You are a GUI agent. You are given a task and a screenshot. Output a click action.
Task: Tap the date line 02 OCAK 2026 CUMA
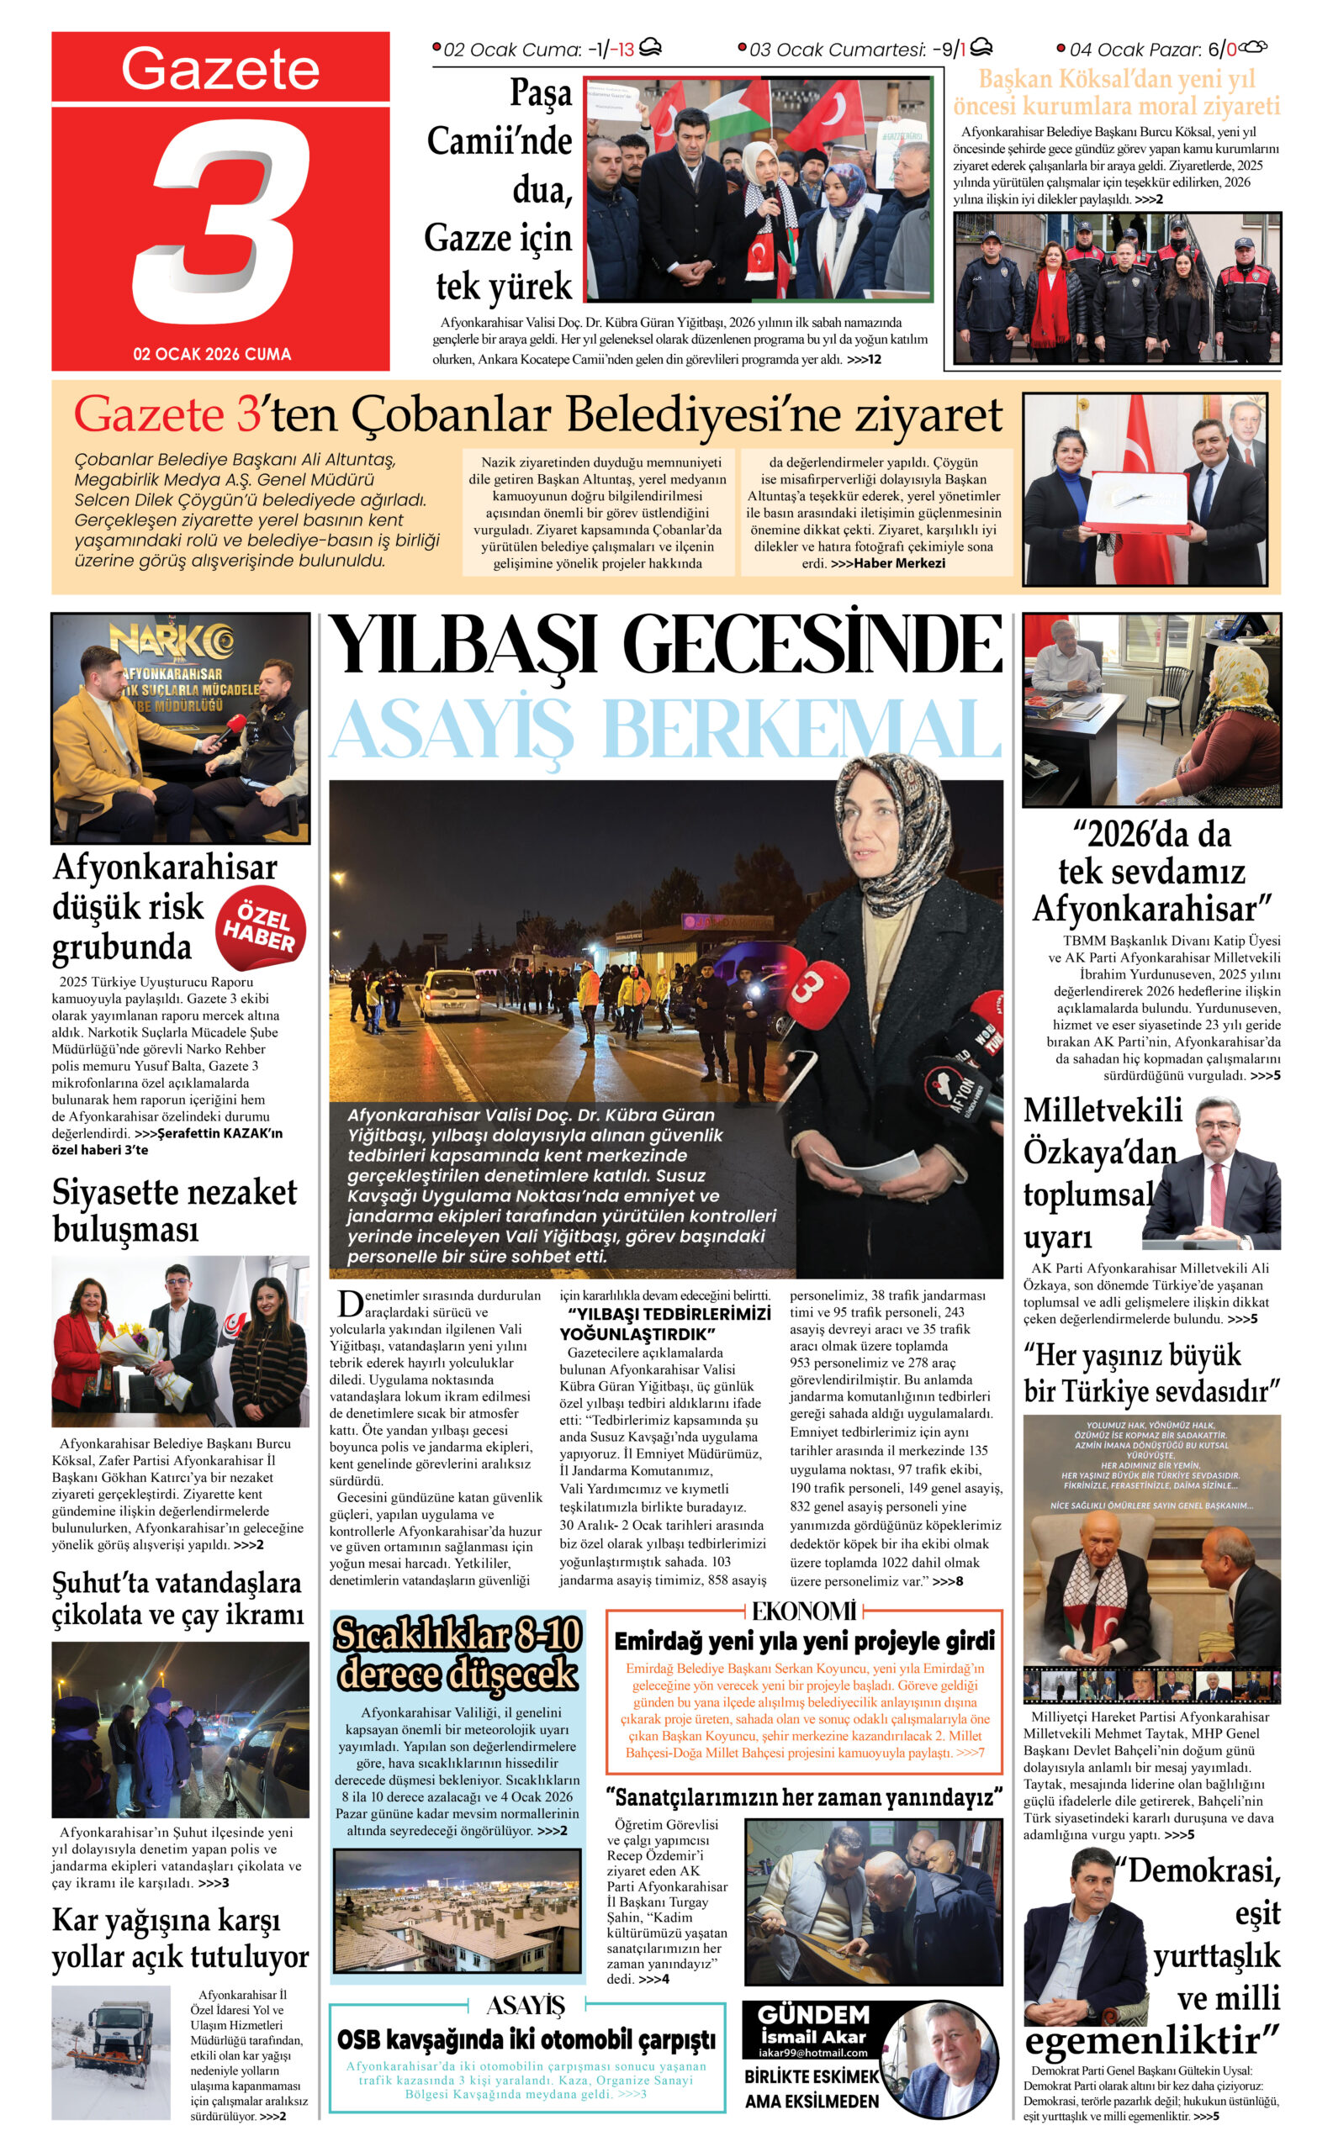[x=212, y=354]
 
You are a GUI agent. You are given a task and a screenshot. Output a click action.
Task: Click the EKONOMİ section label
[x=803, y=1611]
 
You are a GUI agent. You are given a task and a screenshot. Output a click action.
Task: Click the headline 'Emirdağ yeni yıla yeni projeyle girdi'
[x=804, y=1641]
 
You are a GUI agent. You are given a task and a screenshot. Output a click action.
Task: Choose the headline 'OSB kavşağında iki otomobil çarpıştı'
[x=526, y=2039]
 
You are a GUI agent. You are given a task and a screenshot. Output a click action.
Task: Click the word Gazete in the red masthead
[x=220, y=69]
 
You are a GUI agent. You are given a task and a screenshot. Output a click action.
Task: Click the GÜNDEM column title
[x=813, y=2014]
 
